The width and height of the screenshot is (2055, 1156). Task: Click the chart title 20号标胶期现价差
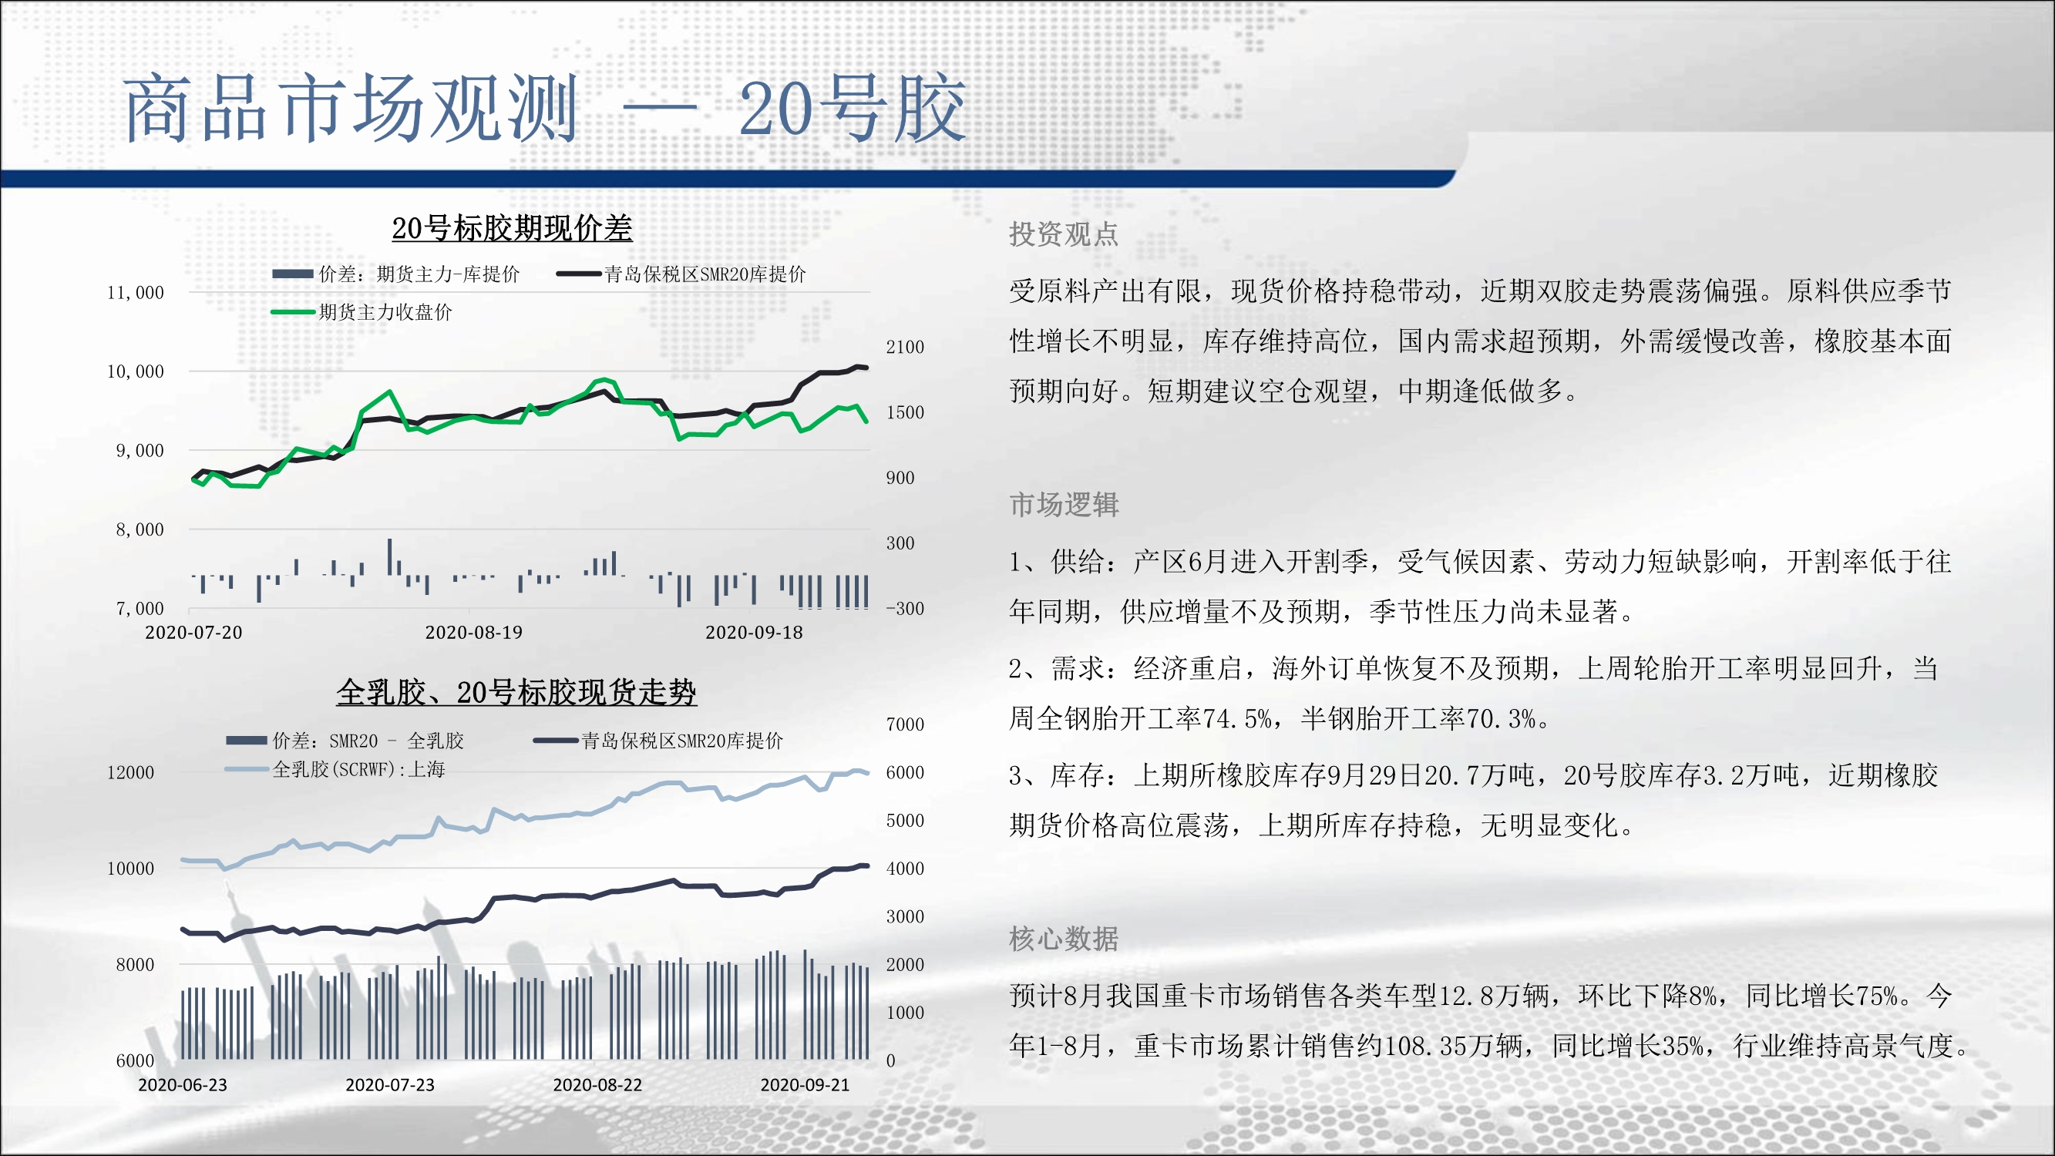point(511,228)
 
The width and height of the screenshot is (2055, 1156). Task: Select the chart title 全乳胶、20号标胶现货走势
point(516,692)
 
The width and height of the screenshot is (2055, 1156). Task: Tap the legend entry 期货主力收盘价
point(385,312)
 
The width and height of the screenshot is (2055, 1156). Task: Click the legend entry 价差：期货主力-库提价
point(419,274)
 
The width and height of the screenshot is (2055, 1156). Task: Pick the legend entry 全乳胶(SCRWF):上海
point(358,769)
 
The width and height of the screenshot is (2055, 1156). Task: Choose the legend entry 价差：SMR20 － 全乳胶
point(368,741)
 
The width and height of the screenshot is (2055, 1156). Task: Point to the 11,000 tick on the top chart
point(136,293)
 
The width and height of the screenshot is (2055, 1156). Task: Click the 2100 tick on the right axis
point(905,347)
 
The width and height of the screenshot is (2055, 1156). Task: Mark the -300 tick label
point(905,609)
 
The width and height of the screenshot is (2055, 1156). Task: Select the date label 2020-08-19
point(474,633)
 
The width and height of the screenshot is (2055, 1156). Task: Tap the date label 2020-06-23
point(183,1085)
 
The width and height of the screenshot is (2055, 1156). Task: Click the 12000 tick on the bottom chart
point(131,772)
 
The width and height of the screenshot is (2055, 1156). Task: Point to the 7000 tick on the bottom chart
point(905,724)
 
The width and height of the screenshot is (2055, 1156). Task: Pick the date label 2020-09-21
point(805,1085)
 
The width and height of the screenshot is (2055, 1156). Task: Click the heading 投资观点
point(1064,234)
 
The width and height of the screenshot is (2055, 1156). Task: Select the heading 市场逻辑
point(1064,504)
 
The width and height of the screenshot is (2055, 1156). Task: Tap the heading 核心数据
point(1064,938)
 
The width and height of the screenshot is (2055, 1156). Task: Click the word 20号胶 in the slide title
point(852,108)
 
